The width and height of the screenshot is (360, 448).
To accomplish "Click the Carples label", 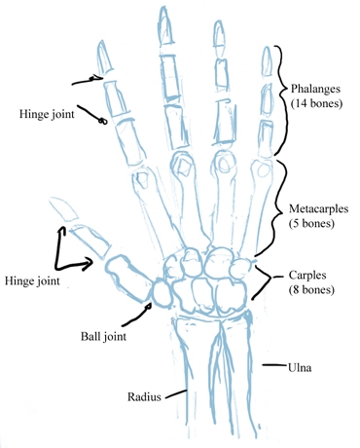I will tap(314, 276).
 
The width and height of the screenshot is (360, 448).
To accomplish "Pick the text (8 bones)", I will tap(312, 289).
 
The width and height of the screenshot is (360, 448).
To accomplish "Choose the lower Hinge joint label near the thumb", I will tap(31, 280).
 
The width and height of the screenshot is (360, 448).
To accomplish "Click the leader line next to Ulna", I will tap(273, 366).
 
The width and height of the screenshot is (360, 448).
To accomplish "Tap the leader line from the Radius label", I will tap(176, 394).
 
